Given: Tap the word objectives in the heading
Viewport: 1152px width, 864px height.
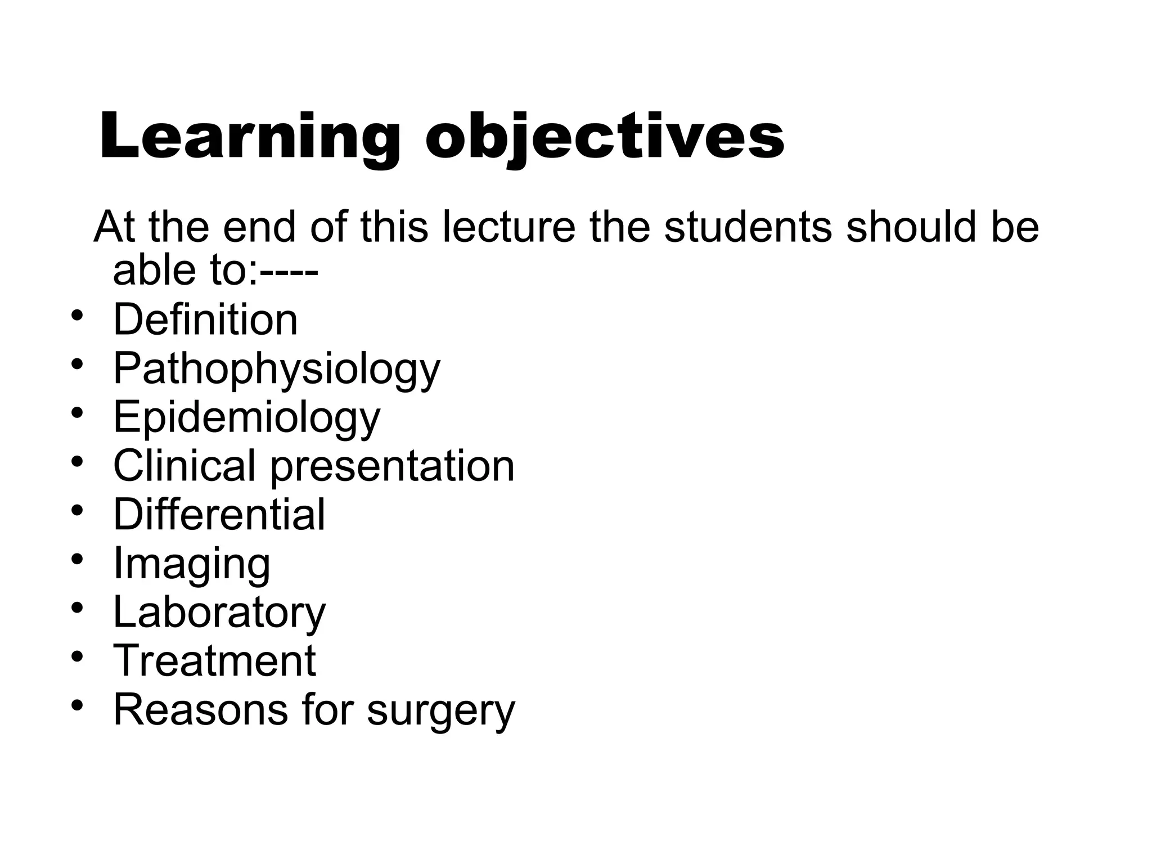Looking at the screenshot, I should (x=605, y=137).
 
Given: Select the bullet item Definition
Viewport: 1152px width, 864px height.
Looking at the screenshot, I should (x=205, y=319).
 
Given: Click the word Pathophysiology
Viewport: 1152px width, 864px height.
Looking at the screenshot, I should (x=277, y=369).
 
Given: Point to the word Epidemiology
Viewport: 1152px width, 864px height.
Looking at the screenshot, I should (x=247, y=417).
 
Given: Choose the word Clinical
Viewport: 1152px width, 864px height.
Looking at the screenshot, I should (x=184, y=466).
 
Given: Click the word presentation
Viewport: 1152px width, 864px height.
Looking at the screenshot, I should (x=393, y=466).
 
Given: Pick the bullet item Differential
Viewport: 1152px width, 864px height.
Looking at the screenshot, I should (x=219, y=514).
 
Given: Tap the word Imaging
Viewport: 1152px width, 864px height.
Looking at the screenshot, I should (x=192, y=564).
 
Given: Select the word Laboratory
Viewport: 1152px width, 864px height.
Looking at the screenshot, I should (x=219, y=611).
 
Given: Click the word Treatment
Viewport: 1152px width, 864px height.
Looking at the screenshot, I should (x=214, y=660).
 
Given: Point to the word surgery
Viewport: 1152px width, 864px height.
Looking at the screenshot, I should (x=441, y=710).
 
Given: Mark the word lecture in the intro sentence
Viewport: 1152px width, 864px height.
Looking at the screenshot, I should (x=510, y=227).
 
